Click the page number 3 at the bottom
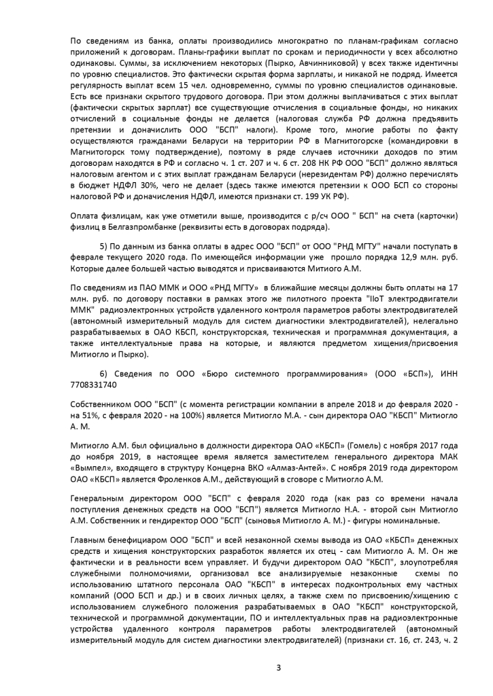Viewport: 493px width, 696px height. coord(278,667)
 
